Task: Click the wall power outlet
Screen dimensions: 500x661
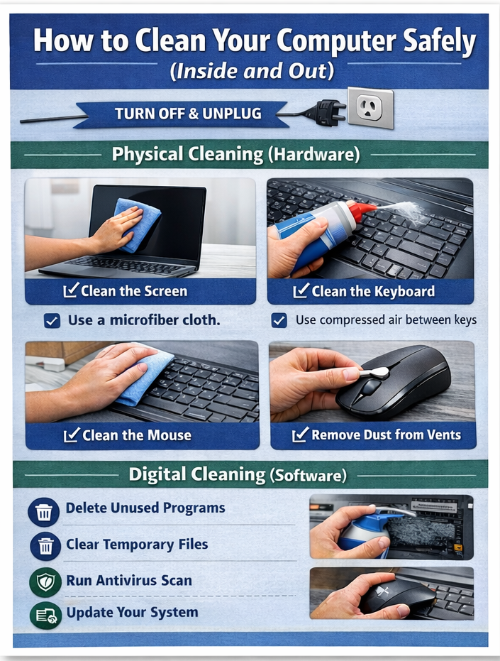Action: pyautogui.click(x=370, y=108)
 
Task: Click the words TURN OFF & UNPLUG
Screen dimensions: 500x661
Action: pyautogui.click(x=188, y=114)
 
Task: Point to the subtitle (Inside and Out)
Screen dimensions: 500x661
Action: pyautogui.click(x=252, y=71)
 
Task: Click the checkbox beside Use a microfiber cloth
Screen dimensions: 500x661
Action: pyautogui.click(x=52, y=321)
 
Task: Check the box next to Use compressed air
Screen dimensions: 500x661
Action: pyautogui.click(x=279, y=320)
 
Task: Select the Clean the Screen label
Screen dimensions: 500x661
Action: pyautogui.click(x=125, y=291)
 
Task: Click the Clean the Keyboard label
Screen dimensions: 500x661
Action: pyautogui.click(x=364, y=291)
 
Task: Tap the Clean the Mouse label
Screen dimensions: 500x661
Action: pyautogui.click(x=128, y=435)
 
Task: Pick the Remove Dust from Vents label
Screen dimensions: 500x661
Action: pyautogui.click(x=377, y=435)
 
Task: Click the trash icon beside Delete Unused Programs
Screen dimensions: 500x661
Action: pyautogui.click(x=43, y=512)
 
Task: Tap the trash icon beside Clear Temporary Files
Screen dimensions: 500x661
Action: pyautogui.click(x=45, y=547)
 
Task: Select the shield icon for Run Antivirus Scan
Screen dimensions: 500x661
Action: pyautogui.click(x=45, y=582)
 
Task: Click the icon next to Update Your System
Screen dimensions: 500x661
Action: pyautogui.click(x=45, y=616)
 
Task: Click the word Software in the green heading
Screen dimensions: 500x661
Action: pyautogui.click(x=309, y=475)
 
